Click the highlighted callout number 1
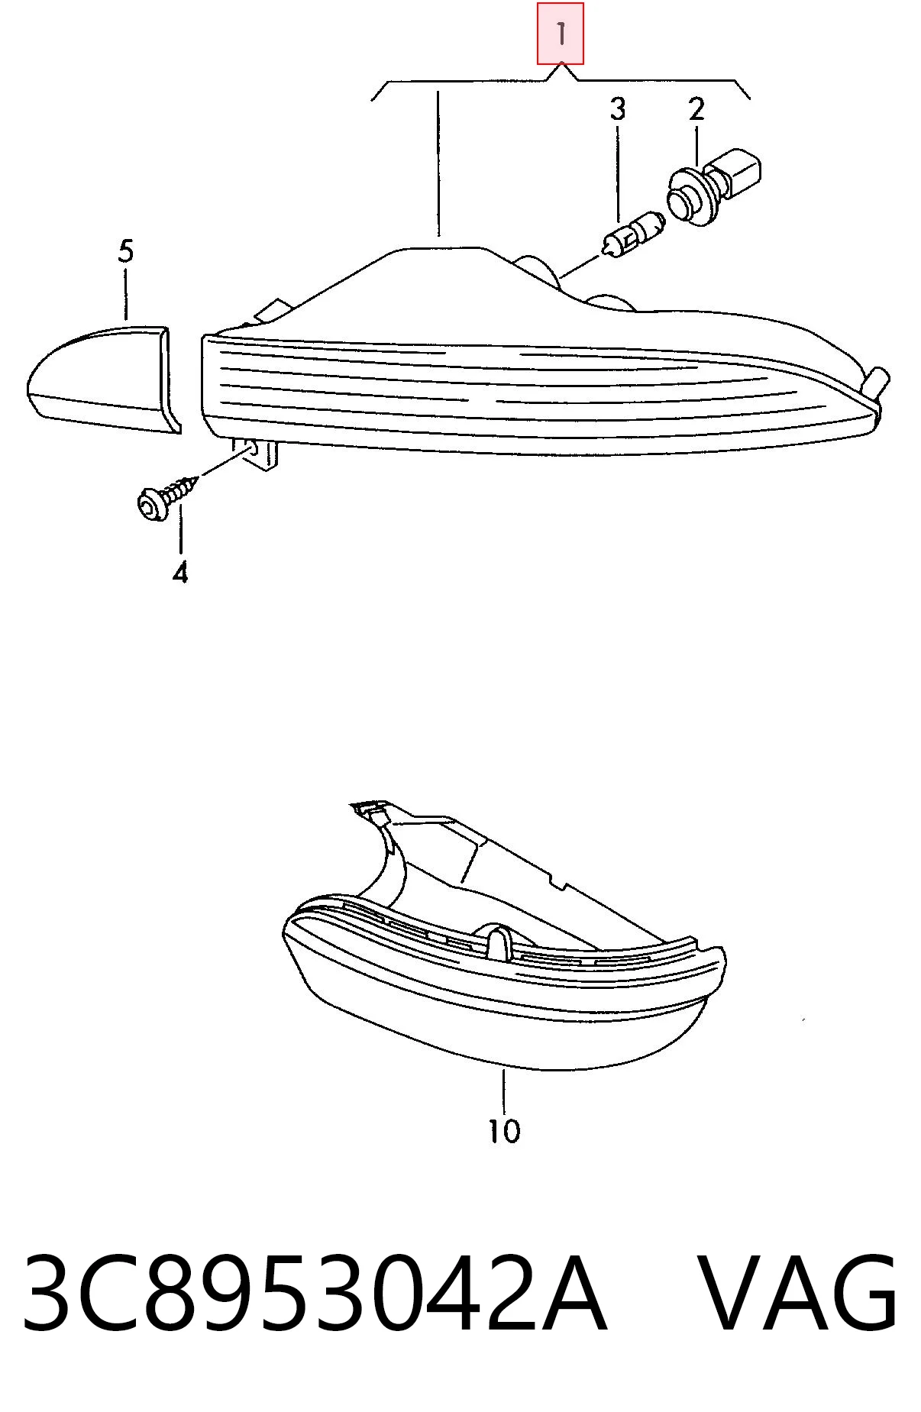click(561, 34)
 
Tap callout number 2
click(696, 109)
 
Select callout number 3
click(618, 109)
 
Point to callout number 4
click(180, 572)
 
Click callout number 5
click(126, 251)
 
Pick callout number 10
click(504, 1131)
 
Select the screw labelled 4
click(166, 494)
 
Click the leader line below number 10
click(504, 1092)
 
